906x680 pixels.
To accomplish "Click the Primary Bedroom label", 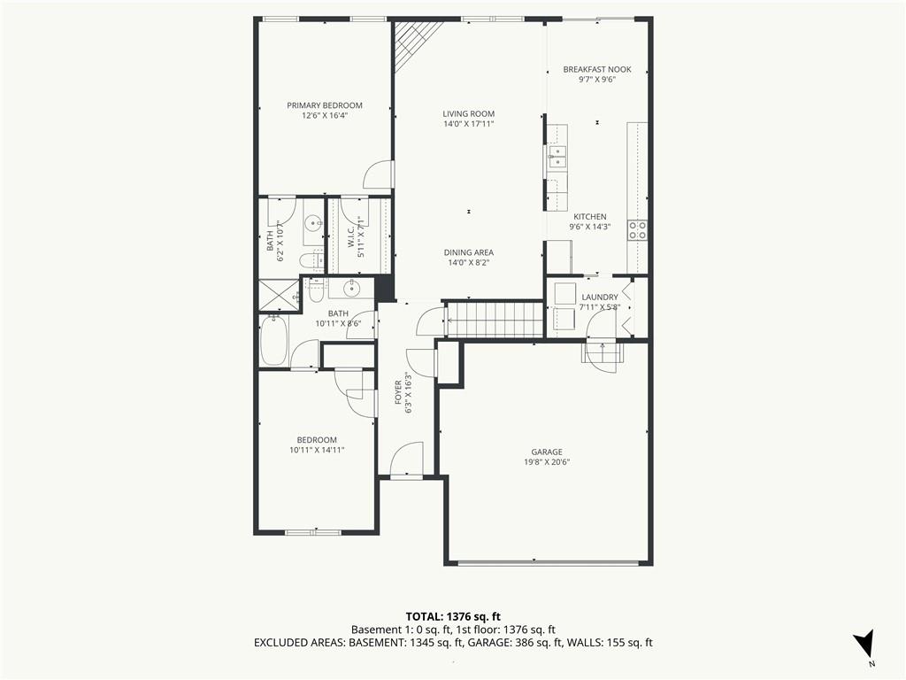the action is pos(325,105).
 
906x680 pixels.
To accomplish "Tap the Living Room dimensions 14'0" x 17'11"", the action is pos(469,124).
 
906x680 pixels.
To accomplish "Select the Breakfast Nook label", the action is pos(597,69).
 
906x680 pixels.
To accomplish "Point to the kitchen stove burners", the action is pos(638,230).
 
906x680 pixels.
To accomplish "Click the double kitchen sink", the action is pos(557,156).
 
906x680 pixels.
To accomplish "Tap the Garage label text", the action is pos(547,452).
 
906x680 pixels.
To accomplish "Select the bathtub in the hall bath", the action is pos(274,341).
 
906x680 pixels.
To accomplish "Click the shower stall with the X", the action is pos(280,295).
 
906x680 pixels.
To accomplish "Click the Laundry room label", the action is pos(600,297).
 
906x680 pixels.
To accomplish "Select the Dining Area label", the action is pos(469,252).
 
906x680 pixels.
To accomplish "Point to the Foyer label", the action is pos(398,392).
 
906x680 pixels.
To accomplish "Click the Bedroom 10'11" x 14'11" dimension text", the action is pos(318,450).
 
